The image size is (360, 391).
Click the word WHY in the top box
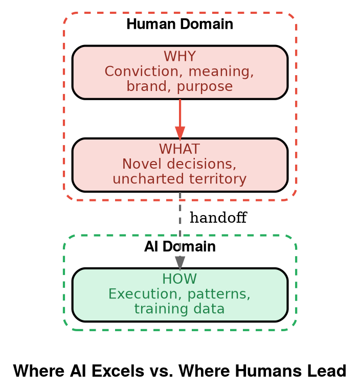[179, 56]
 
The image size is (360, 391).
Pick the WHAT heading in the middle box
[179, 149]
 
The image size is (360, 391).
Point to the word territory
[214, 179]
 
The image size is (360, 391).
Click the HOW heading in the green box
[179, 279]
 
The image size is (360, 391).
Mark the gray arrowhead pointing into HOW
[180, 262]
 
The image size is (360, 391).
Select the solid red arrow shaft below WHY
[180, 112]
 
